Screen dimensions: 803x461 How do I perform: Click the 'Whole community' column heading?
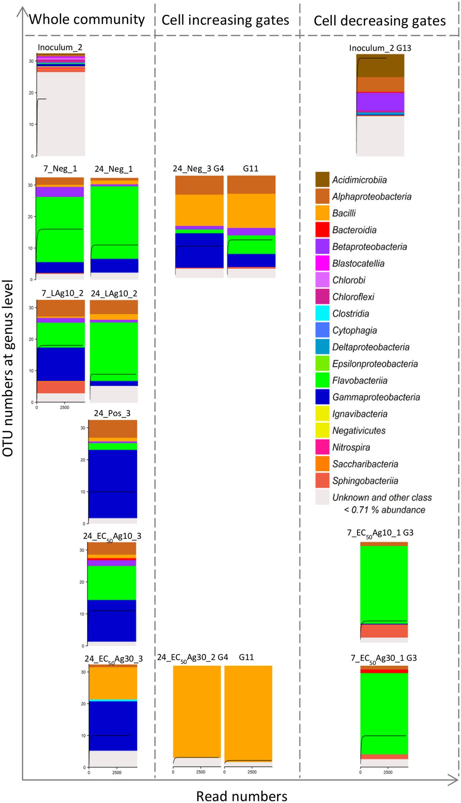tap(86, 19)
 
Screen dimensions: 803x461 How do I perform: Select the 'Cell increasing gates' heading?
tap(225, 20)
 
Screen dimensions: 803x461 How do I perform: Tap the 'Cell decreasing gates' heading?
tap(379, 21)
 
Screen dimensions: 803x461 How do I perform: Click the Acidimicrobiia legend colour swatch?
tap(322, 180)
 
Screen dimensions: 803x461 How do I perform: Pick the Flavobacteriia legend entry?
tap(360, 380)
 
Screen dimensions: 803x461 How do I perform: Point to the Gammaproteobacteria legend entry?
tap(376, 397)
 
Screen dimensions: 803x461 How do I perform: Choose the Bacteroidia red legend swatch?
tap(322, 230)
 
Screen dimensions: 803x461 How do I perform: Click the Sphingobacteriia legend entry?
tap(365, 481)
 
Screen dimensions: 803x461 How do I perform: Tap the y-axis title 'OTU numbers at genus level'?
tap(8, 368)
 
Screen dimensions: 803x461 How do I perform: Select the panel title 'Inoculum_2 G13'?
tap(380, 48)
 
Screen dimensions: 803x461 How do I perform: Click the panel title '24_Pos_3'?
tap(112, 413)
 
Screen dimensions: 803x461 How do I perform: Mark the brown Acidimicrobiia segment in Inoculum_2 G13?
tap(380, 65)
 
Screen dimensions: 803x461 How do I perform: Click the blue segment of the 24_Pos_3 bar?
tap(112, 484)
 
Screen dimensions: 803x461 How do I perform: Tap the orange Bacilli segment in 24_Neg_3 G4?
tap(199, 210)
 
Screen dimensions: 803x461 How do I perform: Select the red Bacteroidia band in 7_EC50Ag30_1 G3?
tap(384, 671)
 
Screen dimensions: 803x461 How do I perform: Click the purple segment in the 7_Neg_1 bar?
tap(60, 192)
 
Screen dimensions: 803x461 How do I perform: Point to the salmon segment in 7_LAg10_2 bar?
tap(61, 387)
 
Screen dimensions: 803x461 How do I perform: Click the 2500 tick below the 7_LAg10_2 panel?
tap(64, 407)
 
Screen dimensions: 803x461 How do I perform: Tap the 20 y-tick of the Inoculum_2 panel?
tap(31, 93)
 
